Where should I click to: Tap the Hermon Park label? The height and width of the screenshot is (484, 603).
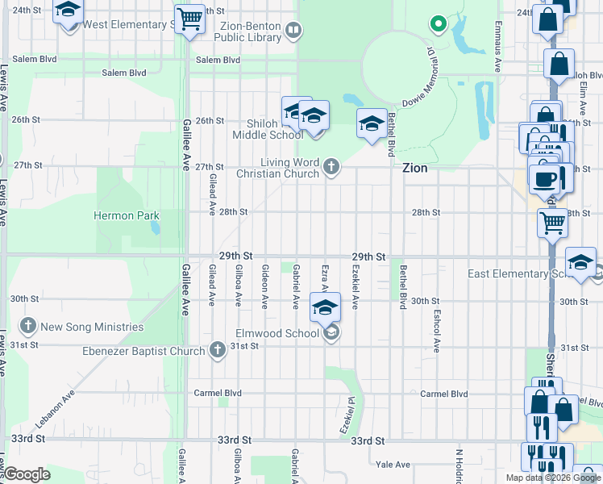pyautogui.click(x=127, y=215)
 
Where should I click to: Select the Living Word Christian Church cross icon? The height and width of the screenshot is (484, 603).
pyautogui.click(x=331, y=168)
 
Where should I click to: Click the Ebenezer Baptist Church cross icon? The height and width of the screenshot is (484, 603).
pyautogui.click(x=217, y=350)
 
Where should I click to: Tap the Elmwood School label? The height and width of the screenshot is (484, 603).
pyautogui.click(x=277, y=333)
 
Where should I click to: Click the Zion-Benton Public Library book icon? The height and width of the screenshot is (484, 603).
pyautogui.click(x=293, y=31)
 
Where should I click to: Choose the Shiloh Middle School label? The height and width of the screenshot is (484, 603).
pyautogui.click(x=275, y=129)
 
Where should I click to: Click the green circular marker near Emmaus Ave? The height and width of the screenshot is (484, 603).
pyautogui.click(x=438, y=24)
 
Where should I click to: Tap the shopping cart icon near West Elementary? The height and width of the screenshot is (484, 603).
pyautogui.click(x=190, y=19)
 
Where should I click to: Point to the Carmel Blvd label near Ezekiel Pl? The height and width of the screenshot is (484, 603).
pyautogui.click(x=444, y=394)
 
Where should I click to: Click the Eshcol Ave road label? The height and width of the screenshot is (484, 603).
pyautogui.click(x=436, y=332)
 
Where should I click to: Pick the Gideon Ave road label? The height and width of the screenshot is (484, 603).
pyautogui.click(x=264, y=286)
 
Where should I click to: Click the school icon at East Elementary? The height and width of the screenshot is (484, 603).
pyautogui.click(x=580, y=262)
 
